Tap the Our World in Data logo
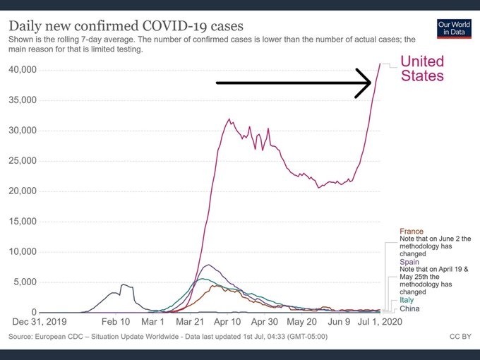(x=454, y=29)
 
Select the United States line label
(x=422, y=68)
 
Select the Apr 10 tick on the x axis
(x=227, y=322)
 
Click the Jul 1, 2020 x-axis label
(x=374, y=322)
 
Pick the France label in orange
(x=412, y=232)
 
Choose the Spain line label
(x=410, y=262)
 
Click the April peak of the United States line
(x=229, y=119)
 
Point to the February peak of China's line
(x=124, y=284)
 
